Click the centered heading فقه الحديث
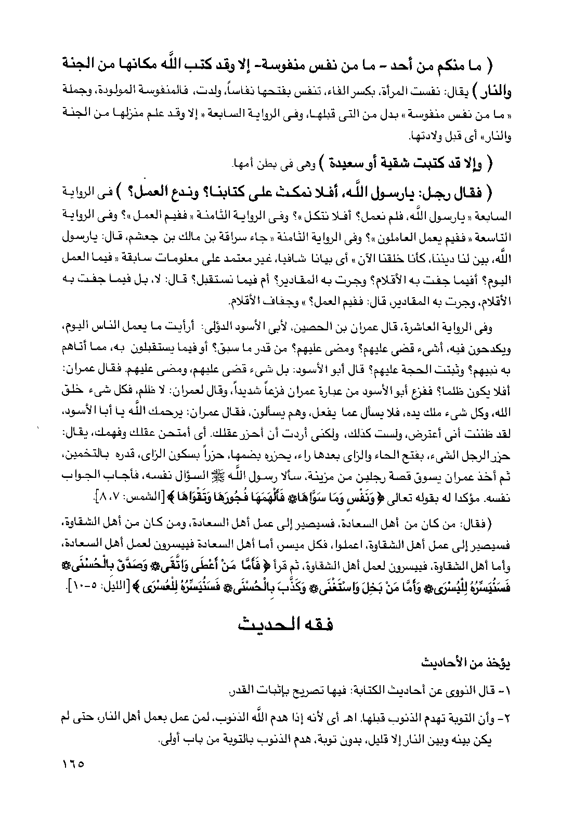click(x=285, y=624)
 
